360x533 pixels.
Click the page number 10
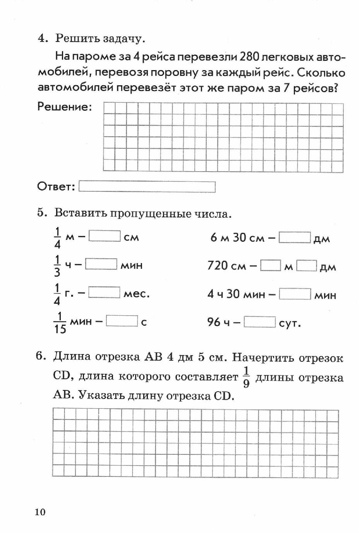40,512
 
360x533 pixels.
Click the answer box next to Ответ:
147,187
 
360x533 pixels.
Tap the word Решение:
65,107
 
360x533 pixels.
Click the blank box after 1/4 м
105,236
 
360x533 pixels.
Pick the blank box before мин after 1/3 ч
101,265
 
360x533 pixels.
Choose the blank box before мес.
104,293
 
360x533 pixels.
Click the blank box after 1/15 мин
122,321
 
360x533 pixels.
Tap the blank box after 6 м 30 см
295,237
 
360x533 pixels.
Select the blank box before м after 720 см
271,266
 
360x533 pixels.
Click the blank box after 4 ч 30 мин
295,294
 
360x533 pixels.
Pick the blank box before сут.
260,322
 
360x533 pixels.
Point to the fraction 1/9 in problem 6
246,377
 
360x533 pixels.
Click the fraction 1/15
60,323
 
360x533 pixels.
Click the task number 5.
42,213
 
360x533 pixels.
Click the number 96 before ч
214,322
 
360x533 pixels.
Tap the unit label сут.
290,323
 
